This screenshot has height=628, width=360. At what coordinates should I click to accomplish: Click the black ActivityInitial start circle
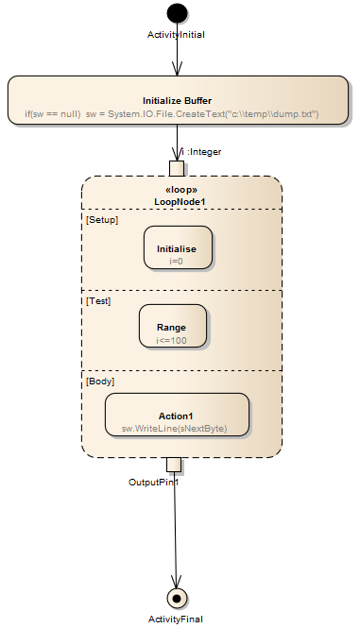point(177,13)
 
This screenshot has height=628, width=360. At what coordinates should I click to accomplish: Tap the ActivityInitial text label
point(177,34)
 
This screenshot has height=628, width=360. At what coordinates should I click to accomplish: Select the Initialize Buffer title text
point(177,100)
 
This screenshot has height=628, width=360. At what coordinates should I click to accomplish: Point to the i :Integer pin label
point(201,151)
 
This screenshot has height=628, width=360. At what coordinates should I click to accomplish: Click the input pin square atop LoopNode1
point(177,168)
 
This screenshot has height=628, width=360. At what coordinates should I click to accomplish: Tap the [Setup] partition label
point(100,219)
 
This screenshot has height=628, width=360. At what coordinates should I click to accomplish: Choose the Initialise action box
point(178,247)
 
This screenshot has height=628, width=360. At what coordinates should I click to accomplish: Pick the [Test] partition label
point(98,301)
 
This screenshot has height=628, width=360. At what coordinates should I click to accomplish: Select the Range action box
point(172,326)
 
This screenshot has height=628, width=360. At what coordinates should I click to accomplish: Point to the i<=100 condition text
point(172,338)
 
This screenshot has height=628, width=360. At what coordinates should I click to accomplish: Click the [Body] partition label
point(99,382)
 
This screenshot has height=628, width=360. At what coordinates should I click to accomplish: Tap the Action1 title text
point(177,416)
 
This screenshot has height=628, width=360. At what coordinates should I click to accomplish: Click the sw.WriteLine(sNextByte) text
point(176,428)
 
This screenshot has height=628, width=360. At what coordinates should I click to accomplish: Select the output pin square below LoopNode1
point(173,464)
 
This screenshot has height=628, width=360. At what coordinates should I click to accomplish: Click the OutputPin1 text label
point(153,482)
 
